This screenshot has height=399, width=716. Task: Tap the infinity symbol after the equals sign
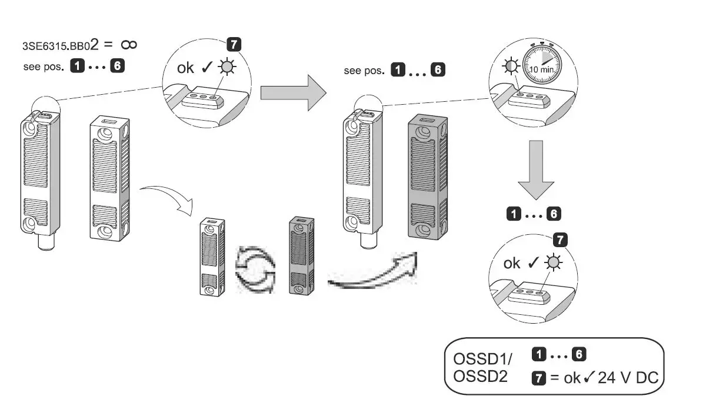(x=129, y=45)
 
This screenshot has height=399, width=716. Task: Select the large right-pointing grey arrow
(x=292, y=91)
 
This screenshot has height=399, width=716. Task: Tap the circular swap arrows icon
(x=255, y=270)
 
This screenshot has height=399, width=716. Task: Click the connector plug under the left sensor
(x=45, y=241)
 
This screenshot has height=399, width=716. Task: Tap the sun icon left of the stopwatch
(x=507, y=67)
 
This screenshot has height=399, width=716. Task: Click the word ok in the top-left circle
(x=186, y=67)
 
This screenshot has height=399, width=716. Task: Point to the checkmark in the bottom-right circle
(x=535, y=262)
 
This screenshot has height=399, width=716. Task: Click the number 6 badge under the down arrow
(x=554, y=214)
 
